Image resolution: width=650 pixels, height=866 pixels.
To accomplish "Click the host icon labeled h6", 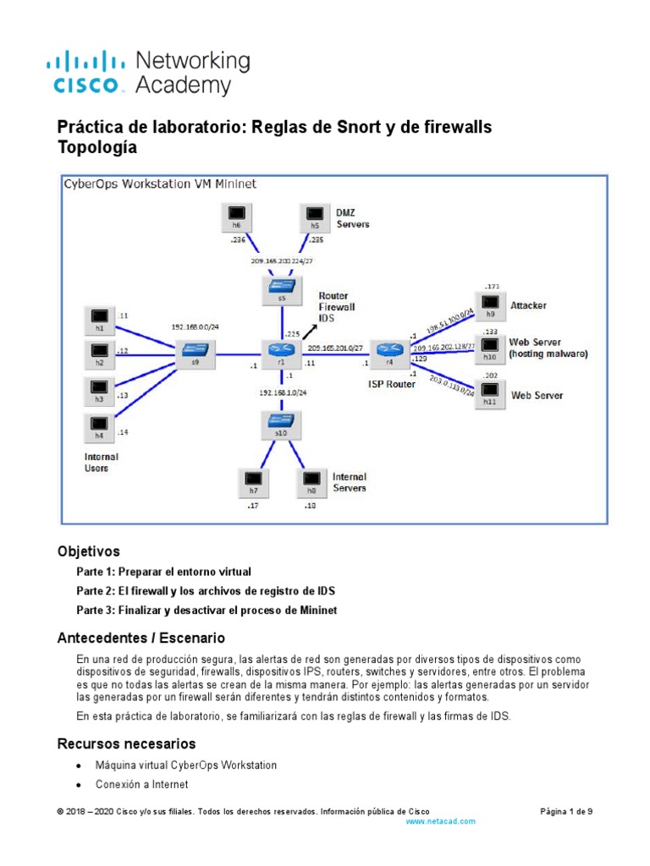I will tap(236, 216).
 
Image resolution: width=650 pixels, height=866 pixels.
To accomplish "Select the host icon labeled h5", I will tap(316, 216).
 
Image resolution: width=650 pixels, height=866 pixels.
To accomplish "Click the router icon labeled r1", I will tap(280, 350).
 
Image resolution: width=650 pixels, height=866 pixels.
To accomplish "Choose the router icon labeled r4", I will tap(390, 350).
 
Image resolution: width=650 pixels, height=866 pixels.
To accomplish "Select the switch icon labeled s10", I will tap(280, 422).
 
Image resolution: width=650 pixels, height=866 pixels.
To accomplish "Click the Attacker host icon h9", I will tap(489, 304).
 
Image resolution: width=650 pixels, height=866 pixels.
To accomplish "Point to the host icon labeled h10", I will tap(489, 347).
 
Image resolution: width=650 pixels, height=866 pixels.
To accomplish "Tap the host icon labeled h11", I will tap(489, 392).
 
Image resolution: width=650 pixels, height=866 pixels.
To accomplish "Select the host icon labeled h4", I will tap(99, 425).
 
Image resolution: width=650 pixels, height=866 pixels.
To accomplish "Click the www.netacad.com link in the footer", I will tap(441, 821).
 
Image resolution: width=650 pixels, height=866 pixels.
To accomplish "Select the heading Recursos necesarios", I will tap(126, 743).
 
